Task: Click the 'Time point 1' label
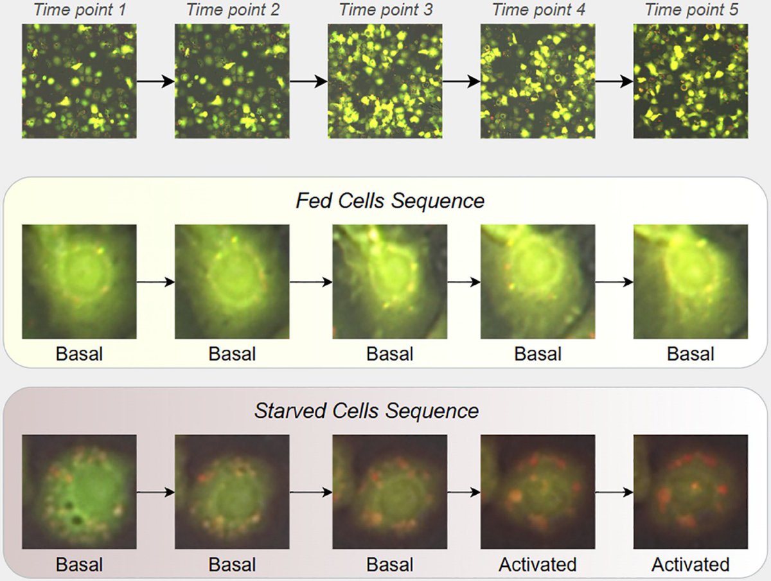click(79, 10)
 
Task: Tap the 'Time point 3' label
click(385, 10)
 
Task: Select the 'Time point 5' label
click(691, 10)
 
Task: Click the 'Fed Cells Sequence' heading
click(389, 201)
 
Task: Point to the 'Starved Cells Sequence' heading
click(366, 410)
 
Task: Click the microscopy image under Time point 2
click(232, 81)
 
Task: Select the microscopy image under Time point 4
click(538, 81)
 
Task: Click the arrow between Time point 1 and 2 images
click(155, 82)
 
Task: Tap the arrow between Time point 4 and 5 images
click(614, 82)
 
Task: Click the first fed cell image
click(79, 282)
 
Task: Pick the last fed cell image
click(691, 282)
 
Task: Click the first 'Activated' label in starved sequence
click(538, 564)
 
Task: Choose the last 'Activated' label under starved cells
click(691, 564)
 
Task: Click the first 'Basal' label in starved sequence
click(79, 564)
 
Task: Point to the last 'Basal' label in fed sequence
click(691, 354)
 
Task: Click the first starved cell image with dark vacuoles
click(79, 492)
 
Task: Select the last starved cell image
click(691, 492)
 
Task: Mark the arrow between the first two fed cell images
click(155, 282)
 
